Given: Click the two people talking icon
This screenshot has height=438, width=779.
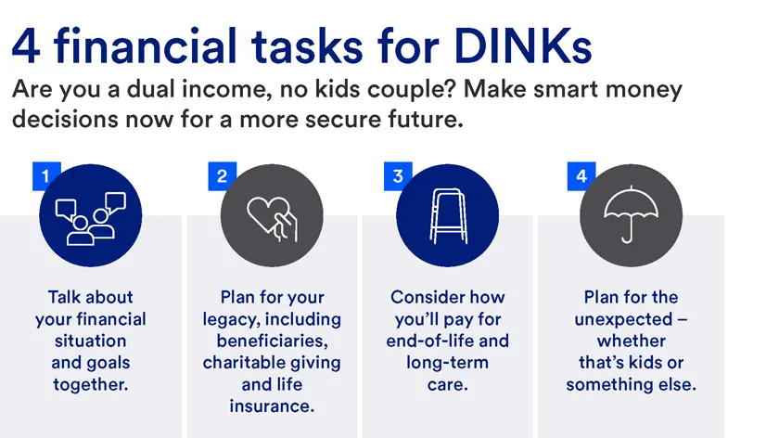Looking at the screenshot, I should point(90,215).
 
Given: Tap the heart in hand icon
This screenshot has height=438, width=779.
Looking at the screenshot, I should point(271,215).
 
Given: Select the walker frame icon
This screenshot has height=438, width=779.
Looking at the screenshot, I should point(447,215).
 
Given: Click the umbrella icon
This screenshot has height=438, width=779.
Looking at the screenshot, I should point(630,215).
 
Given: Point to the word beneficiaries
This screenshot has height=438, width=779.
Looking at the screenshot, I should point(272,341).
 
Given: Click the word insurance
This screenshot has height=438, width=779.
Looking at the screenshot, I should point(272,406).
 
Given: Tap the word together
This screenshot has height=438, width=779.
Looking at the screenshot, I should point(90,384).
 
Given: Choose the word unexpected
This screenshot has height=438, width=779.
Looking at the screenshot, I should point(631,319).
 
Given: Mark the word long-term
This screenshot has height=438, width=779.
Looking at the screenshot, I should point(447,362).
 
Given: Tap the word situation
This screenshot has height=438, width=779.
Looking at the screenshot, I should point(90,341).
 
